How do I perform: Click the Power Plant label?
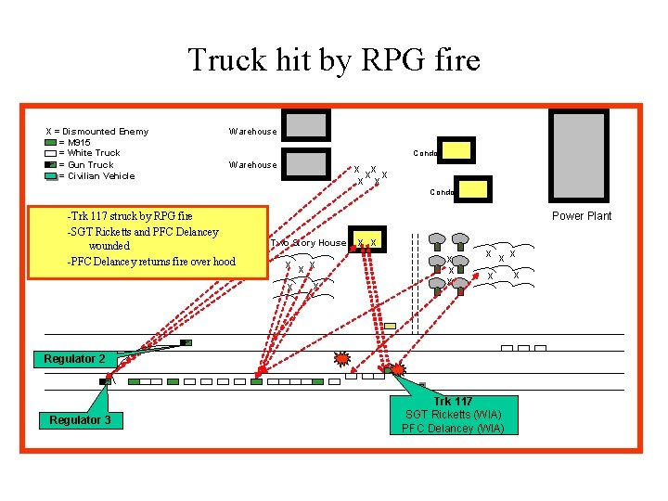pos(582,216)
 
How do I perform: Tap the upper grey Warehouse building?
pos(305,125)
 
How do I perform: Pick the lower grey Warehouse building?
pos(305,162)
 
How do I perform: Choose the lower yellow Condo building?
pos(471,190)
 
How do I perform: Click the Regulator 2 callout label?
pos(74,359)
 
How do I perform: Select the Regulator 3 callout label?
pos(80,420)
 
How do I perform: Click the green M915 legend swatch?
pos(51,143)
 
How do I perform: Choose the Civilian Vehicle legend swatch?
pos(51,175)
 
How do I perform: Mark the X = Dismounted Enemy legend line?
pos(96,131)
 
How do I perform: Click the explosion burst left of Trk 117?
pos(342,357)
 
